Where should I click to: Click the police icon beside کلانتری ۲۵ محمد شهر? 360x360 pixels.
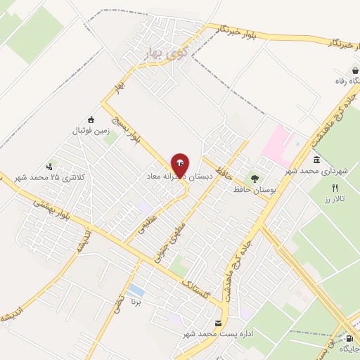50,167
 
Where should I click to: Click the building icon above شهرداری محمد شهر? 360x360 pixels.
317,160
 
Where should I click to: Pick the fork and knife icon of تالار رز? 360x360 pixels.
335,188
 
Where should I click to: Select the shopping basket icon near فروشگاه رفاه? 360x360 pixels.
355,70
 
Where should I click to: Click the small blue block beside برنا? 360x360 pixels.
136,290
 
